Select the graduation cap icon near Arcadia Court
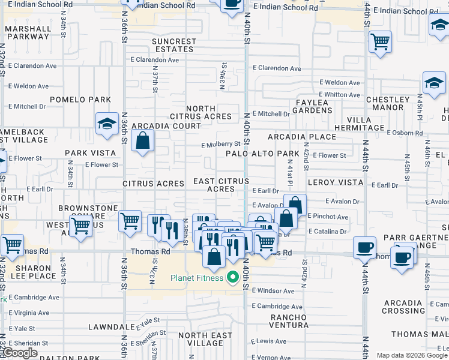(x=106, y=124)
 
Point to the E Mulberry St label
(x=220, y=145)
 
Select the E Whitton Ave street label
(x=340, y=95)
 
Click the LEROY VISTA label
(x=335, y=182)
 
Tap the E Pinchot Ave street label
(x=328, y=216)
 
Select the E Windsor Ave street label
(x=273, y=291)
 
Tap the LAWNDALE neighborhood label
(x=106, y=328)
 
